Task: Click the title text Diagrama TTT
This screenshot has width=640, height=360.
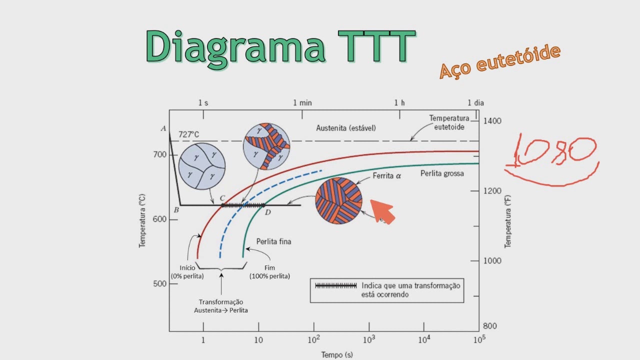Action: (x=280, y=46)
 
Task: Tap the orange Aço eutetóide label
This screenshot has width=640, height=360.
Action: (x=499, y=61)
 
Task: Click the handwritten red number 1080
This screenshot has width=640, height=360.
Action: (x=555, y=150)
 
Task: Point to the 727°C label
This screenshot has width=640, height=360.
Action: (x=188, y=134)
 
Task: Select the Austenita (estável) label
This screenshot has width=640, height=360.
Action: (x=345, y=128)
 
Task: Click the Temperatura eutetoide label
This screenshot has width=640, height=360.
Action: (x=449, y=122)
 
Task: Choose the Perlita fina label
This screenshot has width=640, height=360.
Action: (x=273, y=241)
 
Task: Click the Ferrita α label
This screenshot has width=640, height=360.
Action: (x=387, y=175)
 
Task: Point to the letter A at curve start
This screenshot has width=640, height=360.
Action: (x=163, y=128)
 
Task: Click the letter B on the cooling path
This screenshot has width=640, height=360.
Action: (x=176, y=210)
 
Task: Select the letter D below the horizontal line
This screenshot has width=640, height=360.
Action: (x=268, y=212)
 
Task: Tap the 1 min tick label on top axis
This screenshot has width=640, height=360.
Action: (x=302, y=102)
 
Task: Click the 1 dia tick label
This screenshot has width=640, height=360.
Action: (x=475, y=102)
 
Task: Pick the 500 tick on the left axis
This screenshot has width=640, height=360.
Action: (x=160, y=283)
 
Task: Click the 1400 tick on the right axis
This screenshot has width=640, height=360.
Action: (x=491, y=121)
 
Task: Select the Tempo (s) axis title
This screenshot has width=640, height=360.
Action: (x=337, y=355)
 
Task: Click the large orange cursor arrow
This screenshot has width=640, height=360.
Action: (x=382, y=211)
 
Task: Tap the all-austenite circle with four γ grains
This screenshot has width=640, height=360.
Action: (x=202, y=166)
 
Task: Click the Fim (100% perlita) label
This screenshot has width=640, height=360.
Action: (x=269, y=272)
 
